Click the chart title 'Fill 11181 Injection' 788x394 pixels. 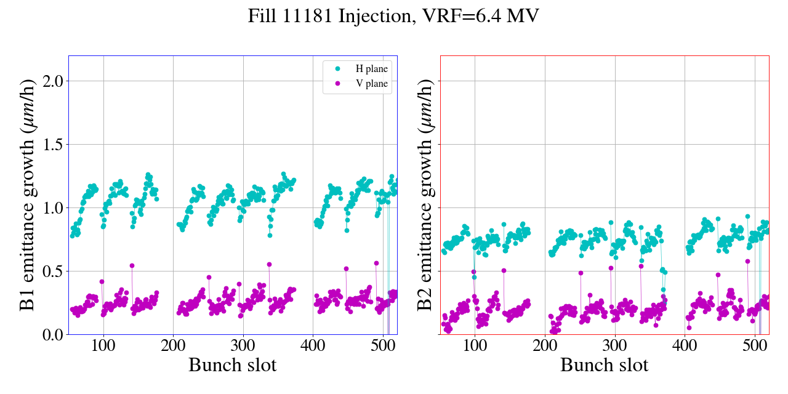click(x=329, y=16)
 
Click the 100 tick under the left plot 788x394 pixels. click(x=103, y=346)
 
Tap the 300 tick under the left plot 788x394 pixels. click(x=243, y=346)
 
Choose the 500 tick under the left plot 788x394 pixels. click(x=383, y=346)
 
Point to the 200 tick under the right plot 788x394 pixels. click(x=545, y=346)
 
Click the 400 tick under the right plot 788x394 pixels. click(x=685, y=346)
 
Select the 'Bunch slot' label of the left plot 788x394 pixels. click(x=232, y=365)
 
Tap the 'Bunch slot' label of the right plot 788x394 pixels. click(x=604, y=365)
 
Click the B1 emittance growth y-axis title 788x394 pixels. click(x=27, y=195)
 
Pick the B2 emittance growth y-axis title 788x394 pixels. click(x=424, y=195)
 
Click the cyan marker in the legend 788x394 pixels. click(x=337, y=69)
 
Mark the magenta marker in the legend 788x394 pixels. click(x=337, y=84)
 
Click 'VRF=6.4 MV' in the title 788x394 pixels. click(x=481, y=16)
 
